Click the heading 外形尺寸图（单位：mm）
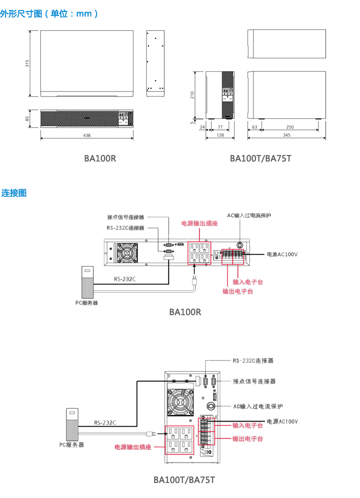[x=49, y=14]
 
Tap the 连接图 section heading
[x=14, y=193]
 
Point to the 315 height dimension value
[x=27, y=64]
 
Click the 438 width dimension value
[x=87, y=135]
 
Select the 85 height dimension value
[x=27, y=118]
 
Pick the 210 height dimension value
[x=193, y=95]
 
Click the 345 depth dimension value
[x=287, y=135]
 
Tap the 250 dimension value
[x=290, y=127]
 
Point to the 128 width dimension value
[x=220, y=135]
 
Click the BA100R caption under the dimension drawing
[x=100, y=159]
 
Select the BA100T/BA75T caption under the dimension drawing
[x=260, y=159]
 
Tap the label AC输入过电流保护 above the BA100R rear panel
[x=249, y=215]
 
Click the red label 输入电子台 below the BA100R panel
[x=248, y=282]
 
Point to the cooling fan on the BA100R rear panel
[x=127, y=253]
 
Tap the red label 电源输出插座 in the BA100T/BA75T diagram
[x=133, y=447]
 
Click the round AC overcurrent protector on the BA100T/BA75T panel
[x=211, y=406]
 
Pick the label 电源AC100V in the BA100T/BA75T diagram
[x=282, y=421]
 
